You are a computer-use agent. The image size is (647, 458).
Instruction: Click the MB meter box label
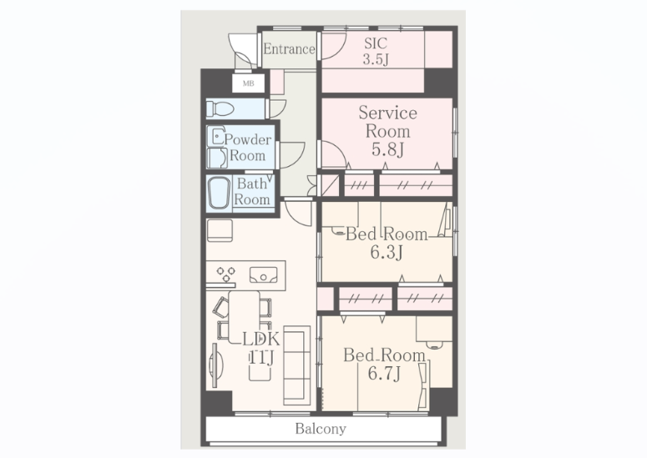248,83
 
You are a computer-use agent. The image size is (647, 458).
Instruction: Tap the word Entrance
289,49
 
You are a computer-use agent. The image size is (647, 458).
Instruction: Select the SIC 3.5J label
376,51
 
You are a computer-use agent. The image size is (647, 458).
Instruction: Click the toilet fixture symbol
220,108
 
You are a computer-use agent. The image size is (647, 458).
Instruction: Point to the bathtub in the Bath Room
219,194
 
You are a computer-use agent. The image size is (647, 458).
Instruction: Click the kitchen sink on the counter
263,275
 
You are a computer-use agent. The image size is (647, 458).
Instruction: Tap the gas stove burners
225,274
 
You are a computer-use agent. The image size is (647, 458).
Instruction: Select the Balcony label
321,429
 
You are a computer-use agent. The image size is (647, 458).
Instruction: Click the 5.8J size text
387,149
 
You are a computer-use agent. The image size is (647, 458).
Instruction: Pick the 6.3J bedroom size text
387,252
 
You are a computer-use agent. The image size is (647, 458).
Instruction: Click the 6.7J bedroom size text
384,374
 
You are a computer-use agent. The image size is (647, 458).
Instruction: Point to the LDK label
260,339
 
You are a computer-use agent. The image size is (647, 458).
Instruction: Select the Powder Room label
248,148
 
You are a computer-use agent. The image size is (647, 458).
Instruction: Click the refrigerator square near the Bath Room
220,230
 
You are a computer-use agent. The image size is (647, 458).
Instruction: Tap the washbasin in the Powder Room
216,137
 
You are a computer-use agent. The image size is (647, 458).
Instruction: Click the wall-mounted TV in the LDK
215,365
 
